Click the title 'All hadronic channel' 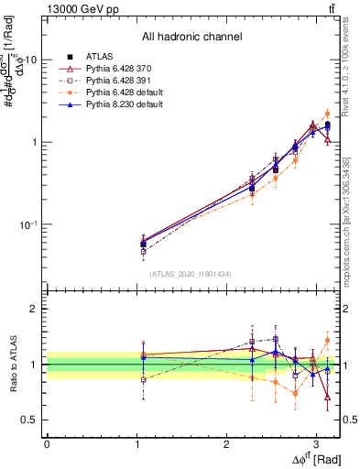191,37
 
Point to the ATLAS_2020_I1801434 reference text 191,274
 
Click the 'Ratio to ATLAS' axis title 11,364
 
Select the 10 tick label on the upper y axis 30,60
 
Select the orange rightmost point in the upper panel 327,115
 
